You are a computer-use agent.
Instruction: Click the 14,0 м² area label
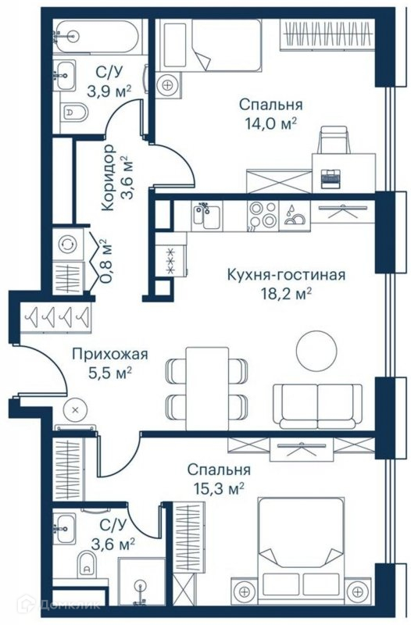tap(271, 123)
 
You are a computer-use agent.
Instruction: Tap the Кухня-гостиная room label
tap(286, 275)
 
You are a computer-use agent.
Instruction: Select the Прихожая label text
tap(109, 354)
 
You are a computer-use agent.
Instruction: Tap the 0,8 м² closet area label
tap(105, 261)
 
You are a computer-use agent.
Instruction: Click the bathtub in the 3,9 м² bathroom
tap(96, 37)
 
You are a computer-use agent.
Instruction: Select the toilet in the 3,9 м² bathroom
tap(74, 113)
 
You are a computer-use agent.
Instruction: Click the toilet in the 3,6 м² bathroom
tap(85, 563)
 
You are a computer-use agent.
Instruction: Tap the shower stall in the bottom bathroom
tap(141, 581)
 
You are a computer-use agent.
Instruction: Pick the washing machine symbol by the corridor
tap(68, 245)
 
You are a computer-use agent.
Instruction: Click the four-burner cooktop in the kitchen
tap(263, 216)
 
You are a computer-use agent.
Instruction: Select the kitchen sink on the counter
tap(206, 216)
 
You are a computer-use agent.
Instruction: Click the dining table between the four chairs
tap(207, 388)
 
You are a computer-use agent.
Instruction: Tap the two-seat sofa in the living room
tap(318, 406)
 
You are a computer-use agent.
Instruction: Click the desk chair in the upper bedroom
tap(334, 140)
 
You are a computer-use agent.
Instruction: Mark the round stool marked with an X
tap(76, 409)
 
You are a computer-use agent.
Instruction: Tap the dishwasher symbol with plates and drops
tap(295, 216)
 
